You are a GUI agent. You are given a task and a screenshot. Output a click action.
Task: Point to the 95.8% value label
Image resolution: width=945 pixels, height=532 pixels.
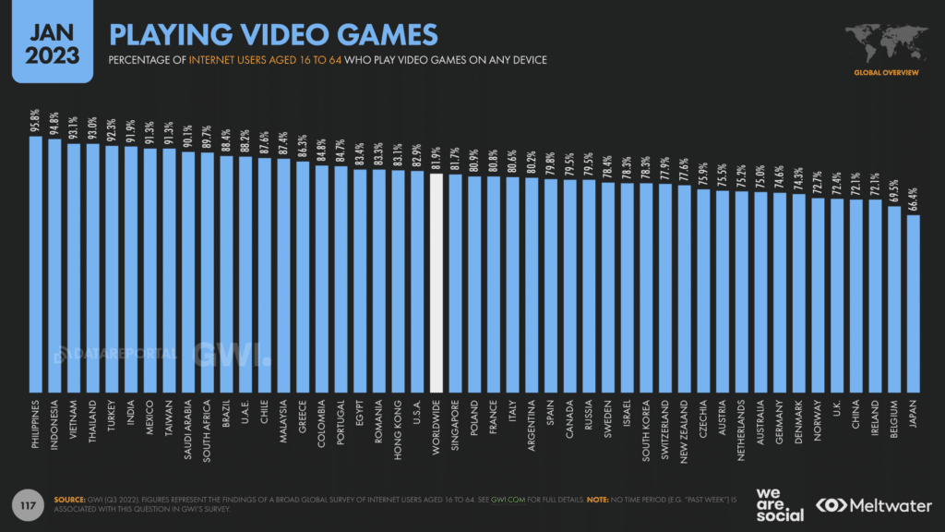tap(36, 122)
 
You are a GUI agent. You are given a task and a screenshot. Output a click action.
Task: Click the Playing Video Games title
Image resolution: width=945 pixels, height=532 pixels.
tap(273, 34)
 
